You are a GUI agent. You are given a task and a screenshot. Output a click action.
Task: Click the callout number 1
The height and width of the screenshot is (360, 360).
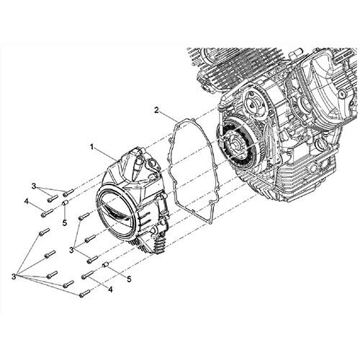[x=91, y=147]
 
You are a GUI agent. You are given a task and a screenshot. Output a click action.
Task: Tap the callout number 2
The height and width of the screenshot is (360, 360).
[x=156, y=110]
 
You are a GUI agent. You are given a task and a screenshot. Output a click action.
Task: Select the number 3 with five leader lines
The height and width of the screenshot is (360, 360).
[x=14, y=276]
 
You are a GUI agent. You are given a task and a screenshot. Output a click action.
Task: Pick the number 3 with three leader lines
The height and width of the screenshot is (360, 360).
[x=71, y=250]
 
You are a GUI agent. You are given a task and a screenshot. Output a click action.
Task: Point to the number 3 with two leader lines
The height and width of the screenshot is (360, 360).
[x=34, y=186]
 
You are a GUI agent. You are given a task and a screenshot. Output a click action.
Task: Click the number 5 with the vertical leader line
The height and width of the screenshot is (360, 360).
[x=64, y=222]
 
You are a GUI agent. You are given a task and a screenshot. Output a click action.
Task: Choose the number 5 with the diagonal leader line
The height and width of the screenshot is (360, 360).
[x=129, y=279]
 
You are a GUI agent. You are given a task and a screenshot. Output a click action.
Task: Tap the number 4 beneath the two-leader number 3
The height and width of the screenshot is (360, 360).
[x=26, y=202]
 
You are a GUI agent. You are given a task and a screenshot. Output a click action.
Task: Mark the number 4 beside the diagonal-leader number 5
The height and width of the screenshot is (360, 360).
[x=110, y=290]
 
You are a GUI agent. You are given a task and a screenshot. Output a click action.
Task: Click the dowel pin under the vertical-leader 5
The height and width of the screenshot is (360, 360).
[x=65, y=203]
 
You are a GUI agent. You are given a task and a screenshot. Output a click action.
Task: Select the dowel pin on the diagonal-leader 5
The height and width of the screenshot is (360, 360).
[x=105, y=265]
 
